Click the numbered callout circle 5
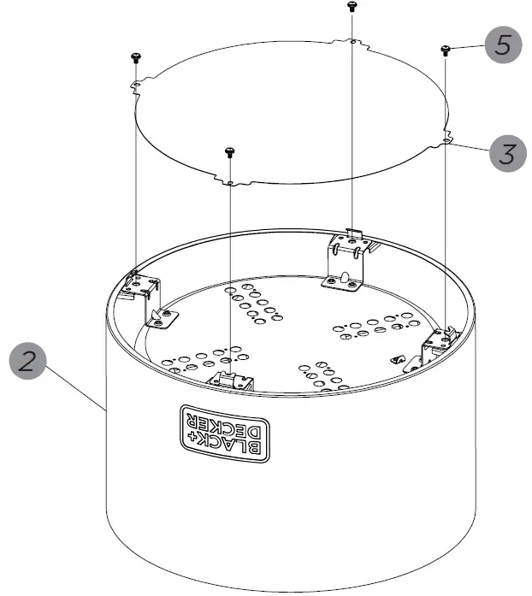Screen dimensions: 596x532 505,45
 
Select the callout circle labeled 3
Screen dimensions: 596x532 508,154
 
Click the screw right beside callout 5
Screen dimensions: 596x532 446,50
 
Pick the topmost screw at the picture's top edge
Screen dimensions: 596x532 352,6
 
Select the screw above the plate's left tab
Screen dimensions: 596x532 135,56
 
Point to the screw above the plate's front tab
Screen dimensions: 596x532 228,152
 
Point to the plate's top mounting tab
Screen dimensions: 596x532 352,40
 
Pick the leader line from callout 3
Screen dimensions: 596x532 470,149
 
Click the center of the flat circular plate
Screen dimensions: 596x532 291,111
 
